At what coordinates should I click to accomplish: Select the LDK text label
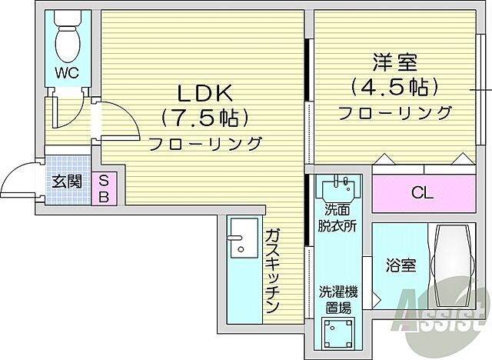(x=204, y=93)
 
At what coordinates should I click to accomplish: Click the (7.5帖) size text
(x=204, y=118)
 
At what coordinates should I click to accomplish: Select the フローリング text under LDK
(x=204, y=144)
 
